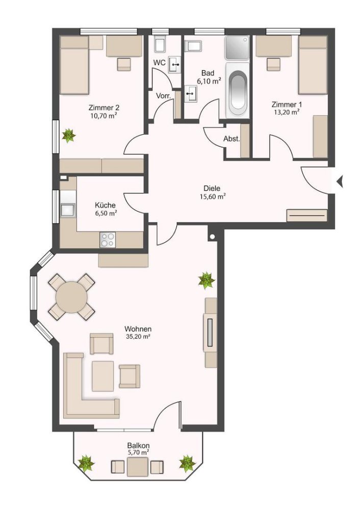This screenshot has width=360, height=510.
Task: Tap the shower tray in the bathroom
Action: coord(237,49)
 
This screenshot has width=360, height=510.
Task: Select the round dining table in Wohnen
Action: coord(71,296)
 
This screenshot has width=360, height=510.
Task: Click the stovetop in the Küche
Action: coord(108,239)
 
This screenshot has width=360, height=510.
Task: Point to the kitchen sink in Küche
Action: coord(68,209)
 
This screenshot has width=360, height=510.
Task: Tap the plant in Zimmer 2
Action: coord(68,135)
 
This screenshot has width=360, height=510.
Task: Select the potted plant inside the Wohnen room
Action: coord(207,279)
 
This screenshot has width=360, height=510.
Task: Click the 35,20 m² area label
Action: coord(138,337)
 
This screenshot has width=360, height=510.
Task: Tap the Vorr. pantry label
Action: coord(163,95)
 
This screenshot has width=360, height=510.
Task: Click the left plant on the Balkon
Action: coord(86,463)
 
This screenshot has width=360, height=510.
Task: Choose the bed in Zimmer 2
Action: coord(75,65)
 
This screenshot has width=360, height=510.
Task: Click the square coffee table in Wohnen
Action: coord(102,376)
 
